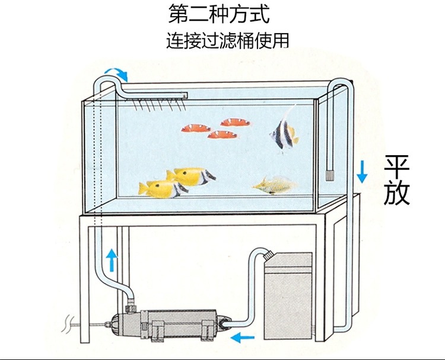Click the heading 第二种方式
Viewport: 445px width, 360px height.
point(223,14)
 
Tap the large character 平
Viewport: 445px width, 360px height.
point(396,168)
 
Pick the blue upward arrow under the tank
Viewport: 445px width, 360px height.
point(111,259)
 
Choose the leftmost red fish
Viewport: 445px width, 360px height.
point(196,127)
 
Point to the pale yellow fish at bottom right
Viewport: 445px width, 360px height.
point(274,186)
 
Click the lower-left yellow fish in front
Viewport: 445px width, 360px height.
point(161,188)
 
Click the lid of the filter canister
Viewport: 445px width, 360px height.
point(288,259)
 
